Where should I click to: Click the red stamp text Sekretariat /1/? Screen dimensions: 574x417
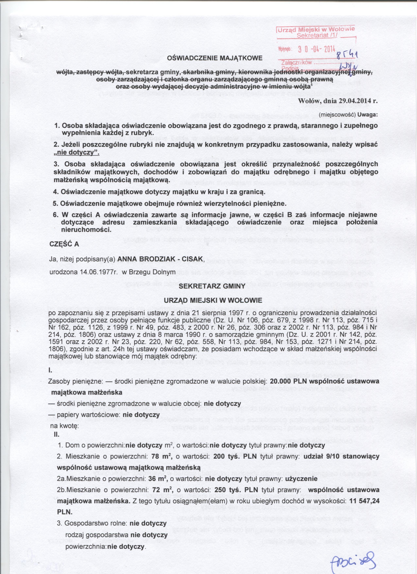[x=317, y=35]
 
